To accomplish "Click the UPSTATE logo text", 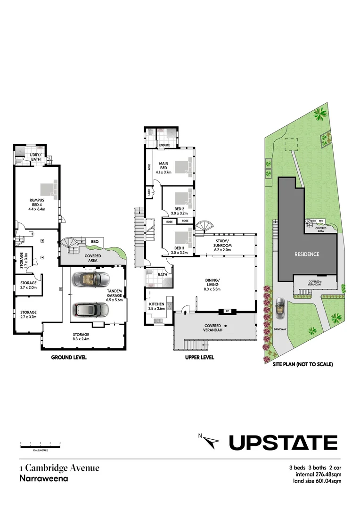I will click(x=283, y=443).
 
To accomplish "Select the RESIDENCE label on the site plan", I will click(x=307, y=254).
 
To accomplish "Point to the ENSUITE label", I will click(x=164, y=145).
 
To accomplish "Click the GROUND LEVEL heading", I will click(x=68, y=358).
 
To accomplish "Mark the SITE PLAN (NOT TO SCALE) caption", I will click(x=303, y=364).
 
